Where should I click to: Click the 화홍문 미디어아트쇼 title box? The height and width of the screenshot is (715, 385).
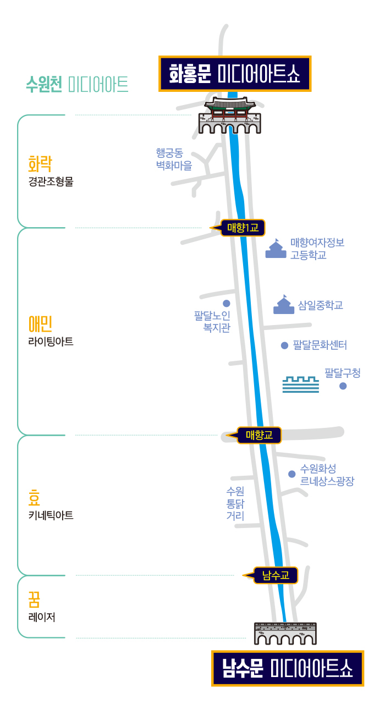click(x=235, y=74)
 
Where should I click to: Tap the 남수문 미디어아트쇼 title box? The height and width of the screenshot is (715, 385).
click(x=288, y=668)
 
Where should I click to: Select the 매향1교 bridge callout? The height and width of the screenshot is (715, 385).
click(x=243, y=228)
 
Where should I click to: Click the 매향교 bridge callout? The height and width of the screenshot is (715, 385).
click(x=259, y=435)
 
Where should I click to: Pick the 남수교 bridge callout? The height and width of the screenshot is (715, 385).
click(x=276, y=575)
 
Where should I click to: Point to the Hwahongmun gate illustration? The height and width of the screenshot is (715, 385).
click(x=230, y=116)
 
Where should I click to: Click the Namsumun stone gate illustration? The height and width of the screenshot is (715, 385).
click(x=285, y=634)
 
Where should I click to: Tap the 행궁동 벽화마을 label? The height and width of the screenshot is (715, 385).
click(x=173, y=159)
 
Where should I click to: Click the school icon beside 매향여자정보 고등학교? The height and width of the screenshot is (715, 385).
click(x=276, y=249)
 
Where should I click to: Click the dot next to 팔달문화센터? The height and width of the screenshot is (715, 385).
click(x=284, y=345)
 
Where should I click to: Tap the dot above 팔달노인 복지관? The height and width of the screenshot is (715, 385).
click(x=226, y=303)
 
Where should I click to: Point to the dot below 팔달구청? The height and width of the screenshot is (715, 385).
click(x=343, y=386)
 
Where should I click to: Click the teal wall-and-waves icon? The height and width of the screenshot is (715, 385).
click(x=300, y=384)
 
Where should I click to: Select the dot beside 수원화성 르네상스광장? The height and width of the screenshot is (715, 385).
click(x=291, y=474)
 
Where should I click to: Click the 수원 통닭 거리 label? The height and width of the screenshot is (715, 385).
click(x=235, y=503)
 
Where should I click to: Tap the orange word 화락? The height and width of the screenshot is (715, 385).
click(x=40, y=163)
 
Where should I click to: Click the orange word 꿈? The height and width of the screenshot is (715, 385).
click(x=34, y=598)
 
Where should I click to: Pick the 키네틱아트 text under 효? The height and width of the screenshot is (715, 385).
click(x=51, y=515)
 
